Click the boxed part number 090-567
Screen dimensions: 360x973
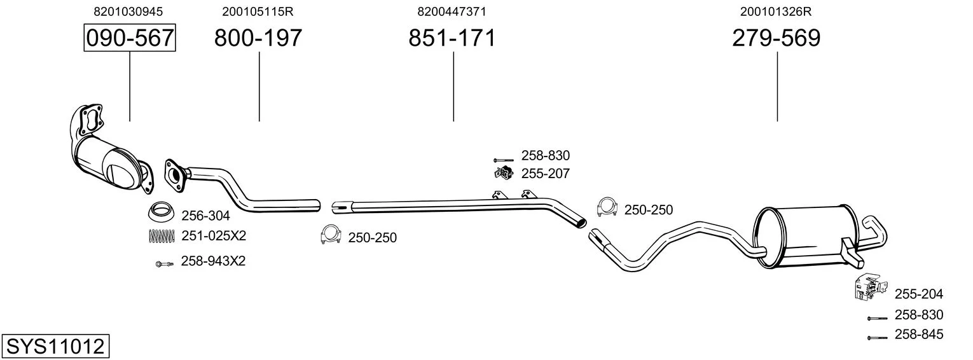point(130,38)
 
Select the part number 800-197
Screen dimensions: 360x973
point(258,38)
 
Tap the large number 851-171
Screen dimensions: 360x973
point(452,38)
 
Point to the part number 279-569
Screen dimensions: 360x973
point(776,38)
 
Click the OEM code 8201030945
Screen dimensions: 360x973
point(128,11)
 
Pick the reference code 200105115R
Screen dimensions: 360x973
point(258,11)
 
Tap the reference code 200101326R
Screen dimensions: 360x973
point(776,11)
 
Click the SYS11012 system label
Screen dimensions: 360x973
point(55,347)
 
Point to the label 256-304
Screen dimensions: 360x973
point(206,215)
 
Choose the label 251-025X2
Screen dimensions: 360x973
point(213,236)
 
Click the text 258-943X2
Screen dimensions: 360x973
point(213,261)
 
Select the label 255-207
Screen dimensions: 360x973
point(545,173)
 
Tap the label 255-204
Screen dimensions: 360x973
point(918,294)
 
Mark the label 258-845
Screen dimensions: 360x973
point(918,335)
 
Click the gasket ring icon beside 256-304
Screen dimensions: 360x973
point(162,211)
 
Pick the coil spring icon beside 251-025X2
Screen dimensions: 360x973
point(161,236)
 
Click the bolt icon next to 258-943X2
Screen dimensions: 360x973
point(163,263)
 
